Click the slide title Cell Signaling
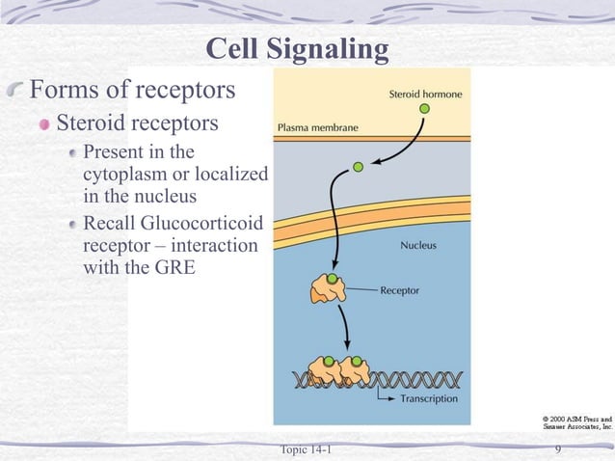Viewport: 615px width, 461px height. click(298, 48)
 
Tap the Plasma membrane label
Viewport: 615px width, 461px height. click(317, 126)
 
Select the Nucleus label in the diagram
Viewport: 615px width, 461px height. click(417, 245)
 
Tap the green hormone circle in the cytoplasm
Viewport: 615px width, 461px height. click(358, 167)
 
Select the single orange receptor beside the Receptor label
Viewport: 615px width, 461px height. click(328, 287)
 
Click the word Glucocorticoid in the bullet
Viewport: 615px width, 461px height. click(209, 224)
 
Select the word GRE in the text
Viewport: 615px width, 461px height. click(174, 267)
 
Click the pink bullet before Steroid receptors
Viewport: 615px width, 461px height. click(43, 125)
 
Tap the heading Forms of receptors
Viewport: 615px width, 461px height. click(133, 92)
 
